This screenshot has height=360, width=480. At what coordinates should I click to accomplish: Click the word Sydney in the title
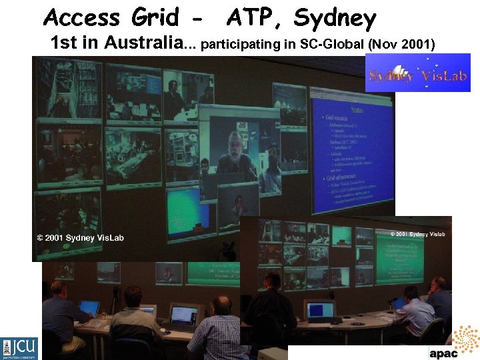[335, 17]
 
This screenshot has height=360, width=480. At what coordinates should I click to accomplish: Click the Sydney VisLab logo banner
[418, 73]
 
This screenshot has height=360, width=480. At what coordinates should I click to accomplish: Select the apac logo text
[443, 353]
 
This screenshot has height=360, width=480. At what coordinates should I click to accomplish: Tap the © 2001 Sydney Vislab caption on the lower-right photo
[417, 234]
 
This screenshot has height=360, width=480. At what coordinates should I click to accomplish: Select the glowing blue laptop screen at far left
[89, 307]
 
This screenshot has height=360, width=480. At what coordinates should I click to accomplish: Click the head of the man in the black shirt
[272, 281]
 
